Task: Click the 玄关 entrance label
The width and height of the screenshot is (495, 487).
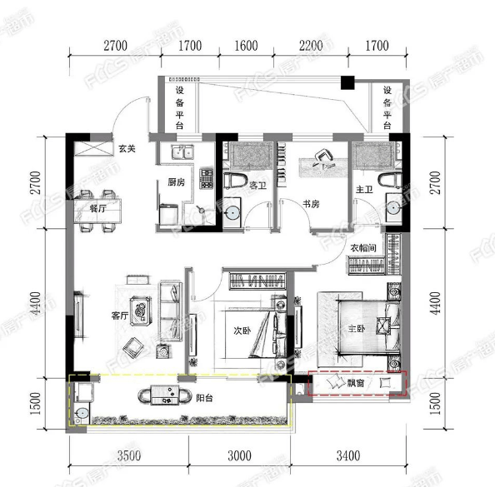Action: [127, 148]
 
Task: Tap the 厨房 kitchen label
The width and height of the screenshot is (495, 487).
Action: [176, 182]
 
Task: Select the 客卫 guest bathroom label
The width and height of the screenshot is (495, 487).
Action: [258, 186]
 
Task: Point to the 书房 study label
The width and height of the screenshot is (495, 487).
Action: [311, 204]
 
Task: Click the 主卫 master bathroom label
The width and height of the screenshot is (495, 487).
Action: [364, 189]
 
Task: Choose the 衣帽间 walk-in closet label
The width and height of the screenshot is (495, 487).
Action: [363, 248]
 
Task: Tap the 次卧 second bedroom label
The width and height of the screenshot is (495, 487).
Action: [242, 330]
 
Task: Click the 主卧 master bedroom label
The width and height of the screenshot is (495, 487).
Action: [357, 329]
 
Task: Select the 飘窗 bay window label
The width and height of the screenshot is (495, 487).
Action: [356, 383]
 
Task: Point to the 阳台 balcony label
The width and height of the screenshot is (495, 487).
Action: [204, 398]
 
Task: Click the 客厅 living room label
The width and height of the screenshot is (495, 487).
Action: [120, 316]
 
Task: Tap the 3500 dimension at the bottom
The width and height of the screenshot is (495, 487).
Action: [129, 455]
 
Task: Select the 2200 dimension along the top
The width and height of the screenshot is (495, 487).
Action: [311, 46]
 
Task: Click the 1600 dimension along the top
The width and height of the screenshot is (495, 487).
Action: [246, 46]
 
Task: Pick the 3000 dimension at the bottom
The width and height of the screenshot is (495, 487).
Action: [240, 455]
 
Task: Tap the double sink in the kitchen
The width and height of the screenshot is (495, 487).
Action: [182, 152]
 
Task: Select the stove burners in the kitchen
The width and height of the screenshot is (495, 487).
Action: [206, 179]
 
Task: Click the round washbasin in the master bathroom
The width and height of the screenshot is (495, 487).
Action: [393, 208]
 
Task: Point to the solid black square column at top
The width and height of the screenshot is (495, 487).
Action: [347, 82]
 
